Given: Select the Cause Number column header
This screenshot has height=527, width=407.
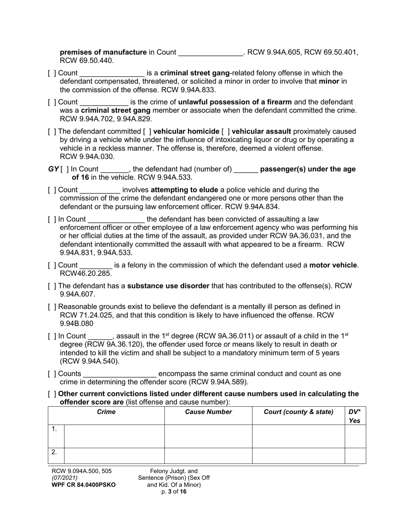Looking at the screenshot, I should [208, 412].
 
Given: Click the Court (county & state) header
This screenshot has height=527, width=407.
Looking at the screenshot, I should [298, 412].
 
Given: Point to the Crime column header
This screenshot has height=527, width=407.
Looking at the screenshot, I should [106, 412].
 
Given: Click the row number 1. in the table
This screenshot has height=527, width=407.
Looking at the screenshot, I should [54, 429].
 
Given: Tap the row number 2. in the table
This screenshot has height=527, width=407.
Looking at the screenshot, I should [54, 452].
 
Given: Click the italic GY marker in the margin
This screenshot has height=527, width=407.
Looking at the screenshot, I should [53, 169].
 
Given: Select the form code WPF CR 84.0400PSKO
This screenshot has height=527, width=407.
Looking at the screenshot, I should [83, 485].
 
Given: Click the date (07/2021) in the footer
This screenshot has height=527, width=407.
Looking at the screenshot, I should [65, 478].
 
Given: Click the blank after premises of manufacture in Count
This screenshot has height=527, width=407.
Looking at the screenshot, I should [210, 53].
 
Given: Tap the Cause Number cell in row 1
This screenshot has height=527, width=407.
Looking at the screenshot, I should [208, 436].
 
